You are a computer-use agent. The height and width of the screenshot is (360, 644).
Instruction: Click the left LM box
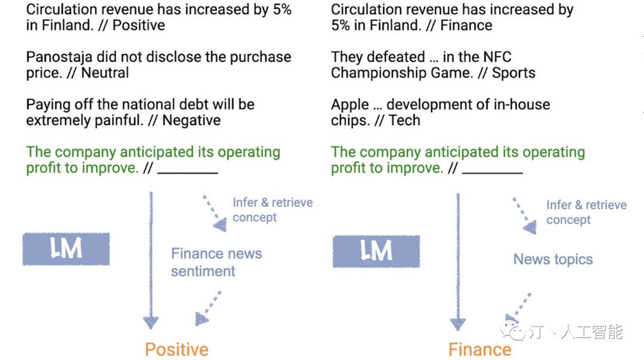(x=66, y=249)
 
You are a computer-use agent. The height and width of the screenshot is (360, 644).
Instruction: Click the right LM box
(x=376, y=251)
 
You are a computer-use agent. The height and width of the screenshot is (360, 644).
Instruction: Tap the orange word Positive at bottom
(x=177, y=349)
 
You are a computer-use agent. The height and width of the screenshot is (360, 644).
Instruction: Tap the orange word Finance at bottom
(x=479, y=349)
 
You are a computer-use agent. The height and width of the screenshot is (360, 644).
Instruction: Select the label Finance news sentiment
(x=216, y=262)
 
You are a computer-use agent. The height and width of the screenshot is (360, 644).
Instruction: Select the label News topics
(x=553, y=259)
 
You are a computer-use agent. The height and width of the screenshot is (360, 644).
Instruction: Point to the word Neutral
(x=105, y=73)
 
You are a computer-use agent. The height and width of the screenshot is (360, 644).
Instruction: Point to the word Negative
(x=191, y=120)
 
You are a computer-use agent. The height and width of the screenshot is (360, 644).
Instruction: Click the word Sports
(x=513, y=73)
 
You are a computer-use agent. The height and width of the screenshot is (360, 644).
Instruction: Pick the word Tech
(x=404, y=120)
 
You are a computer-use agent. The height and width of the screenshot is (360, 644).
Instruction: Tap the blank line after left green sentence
(x=188, y=173)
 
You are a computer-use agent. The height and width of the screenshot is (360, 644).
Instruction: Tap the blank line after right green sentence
(x=493, y=173)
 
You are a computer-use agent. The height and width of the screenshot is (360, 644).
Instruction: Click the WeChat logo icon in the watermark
(x=512, y=330)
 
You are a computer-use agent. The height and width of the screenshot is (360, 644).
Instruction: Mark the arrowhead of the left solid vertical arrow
(x=151, y=322)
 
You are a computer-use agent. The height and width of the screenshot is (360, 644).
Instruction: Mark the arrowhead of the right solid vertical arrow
(x=457, y=324)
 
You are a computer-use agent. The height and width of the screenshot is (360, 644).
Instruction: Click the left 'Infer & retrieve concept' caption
(x=273, y=210)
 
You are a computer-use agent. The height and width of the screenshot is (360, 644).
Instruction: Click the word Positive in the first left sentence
(x=138, y=26)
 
